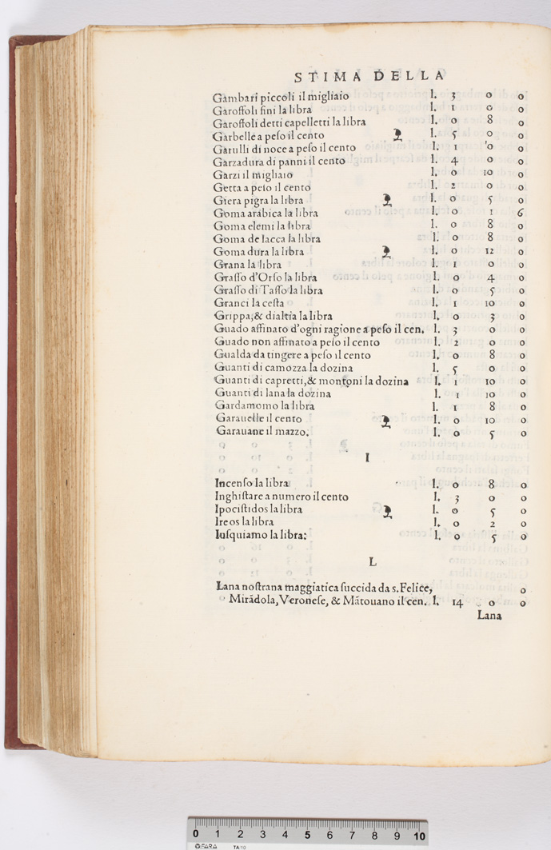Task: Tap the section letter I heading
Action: click(366, 458)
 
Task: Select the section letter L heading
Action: click(372, 562)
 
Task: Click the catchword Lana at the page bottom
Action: click(489, 616)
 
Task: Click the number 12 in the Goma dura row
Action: click(489, 251)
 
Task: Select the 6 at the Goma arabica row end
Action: click(520, 213)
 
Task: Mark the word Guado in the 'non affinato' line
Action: click(232, 341)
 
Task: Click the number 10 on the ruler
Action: click(419, 835)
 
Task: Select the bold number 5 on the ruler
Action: click(307, 835)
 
